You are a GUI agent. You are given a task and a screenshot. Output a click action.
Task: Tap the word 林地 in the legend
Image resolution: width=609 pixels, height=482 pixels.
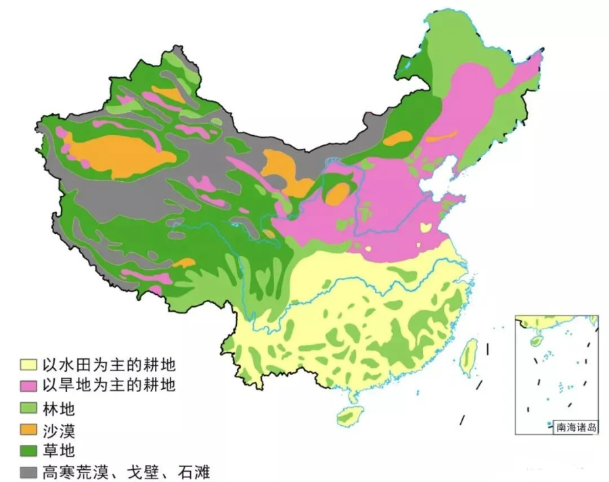click(58, 408)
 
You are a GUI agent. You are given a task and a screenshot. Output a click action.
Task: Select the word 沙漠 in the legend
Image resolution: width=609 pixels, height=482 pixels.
click(58, 429)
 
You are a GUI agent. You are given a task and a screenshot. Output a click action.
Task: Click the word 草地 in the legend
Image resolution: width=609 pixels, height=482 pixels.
click(58, 450)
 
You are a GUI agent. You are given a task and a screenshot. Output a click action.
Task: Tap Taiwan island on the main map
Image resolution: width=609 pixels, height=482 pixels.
click(468, 358)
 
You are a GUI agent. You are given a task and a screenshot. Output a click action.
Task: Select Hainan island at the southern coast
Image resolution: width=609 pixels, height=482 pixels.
click(349, 416)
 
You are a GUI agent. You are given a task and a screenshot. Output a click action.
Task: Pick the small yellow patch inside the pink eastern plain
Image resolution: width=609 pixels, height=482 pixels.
click(427, 227)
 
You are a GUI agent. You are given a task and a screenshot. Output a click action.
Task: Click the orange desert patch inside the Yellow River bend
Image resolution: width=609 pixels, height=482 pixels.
click(336, 193)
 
